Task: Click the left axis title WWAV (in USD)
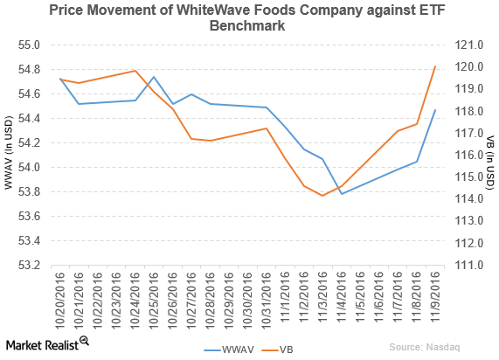click(x=9, y=155)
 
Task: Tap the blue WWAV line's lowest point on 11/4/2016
click(x=342, y=193)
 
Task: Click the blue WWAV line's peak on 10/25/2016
click(x=154, y=77)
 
